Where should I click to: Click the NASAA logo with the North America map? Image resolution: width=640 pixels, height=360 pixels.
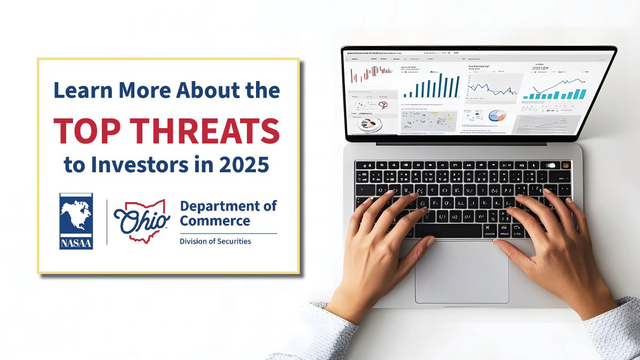(x=76, y=221)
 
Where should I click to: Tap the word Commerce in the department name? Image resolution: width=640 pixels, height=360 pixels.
(x=214, y=220)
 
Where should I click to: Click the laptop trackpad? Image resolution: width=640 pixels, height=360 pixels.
(x=462, y=271)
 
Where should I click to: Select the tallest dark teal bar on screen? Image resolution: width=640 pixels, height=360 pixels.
(x=441, y=85)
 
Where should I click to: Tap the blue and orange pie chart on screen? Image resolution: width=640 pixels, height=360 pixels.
(x=497, y=115)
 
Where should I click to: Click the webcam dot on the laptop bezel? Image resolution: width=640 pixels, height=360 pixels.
(x=478, y=49)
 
